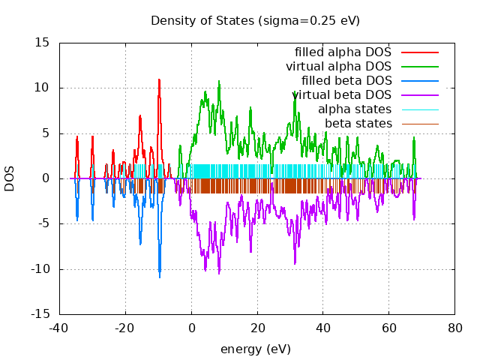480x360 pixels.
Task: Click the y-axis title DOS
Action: pos(10,178)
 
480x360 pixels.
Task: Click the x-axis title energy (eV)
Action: pos(255,349)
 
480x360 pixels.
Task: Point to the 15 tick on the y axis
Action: pos(43,43)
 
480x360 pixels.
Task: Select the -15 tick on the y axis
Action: pos(40,314)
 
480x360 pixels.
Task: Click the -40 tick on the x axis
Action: pos(59,328)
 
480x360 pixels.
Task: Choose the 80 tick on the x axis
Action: pos(454,328)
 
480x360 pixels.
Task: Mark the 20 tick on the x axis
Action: pos(257,328)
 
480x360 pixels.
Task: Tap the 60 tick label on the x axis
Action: pos(388,328)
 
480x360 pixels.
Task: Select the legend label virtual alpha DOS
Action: pos(338,67)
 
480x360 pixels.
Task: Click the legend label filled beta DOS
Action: pos(346,81)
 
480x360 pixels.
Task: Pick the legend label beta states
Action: pos(358,124)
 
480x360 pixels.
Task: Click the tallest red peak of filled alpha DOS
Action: pos(159,79)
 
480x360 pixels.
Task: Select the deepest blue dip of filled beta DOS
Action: pos(159,277)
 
